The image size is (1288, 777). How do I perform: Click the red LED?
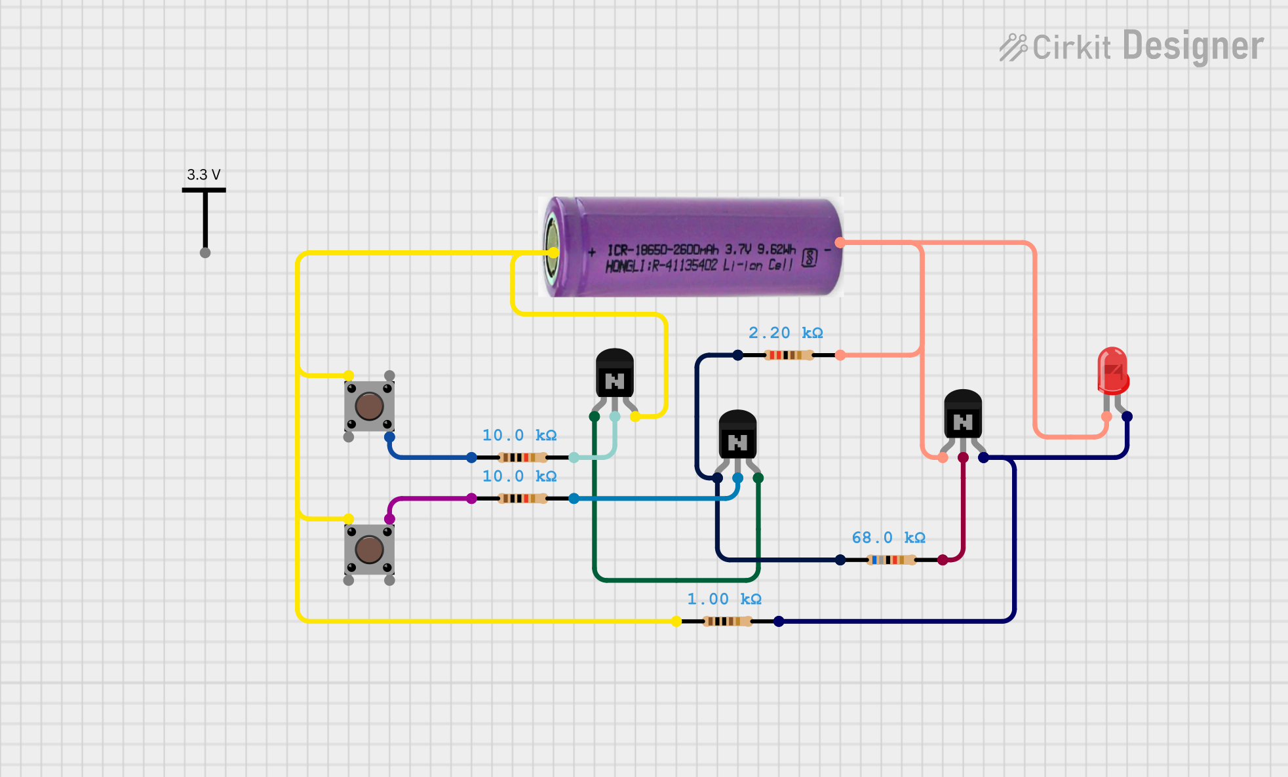coord(1112,371)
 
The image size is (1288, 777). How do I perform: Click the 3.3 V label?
coord(203,175)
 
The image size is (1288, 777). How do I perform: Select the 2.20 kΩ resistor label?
coord(785,333)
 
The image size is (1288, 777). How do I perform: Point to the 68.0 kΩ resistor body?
coord(891,559)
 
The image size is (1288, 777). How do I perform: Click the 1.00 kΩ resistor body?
coord(727,621)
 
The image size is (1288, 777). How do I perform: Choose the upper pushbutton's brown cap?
coord(369,406)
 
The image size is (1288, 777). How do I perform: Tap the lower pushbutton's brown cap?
coord(369,549)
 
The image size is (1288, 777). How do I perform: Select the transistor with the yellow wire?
coord(614,375)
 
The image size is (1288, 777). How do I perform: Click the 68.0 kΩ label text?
coord(888,538)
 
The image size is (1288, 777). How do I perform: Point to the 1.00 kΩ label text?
coord(724,599)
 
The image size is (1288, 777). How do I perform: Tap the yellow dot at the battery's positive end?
coord(554,252)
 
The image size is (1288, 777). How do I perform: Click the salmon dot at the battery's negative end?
coord(840,242)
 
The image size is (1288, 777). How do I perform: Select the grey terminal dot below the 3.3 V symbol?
coord(205,253)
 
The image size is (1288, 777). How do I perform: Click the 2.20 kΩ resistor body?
coord(789,355)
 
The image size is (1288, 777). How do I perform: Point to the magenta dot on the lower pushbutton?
coord(389,519)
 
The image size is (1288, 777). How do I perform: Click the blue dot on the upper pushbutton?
coord(389,437)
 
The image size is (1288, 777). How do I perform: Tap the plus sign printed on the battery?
coord(592,252)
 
